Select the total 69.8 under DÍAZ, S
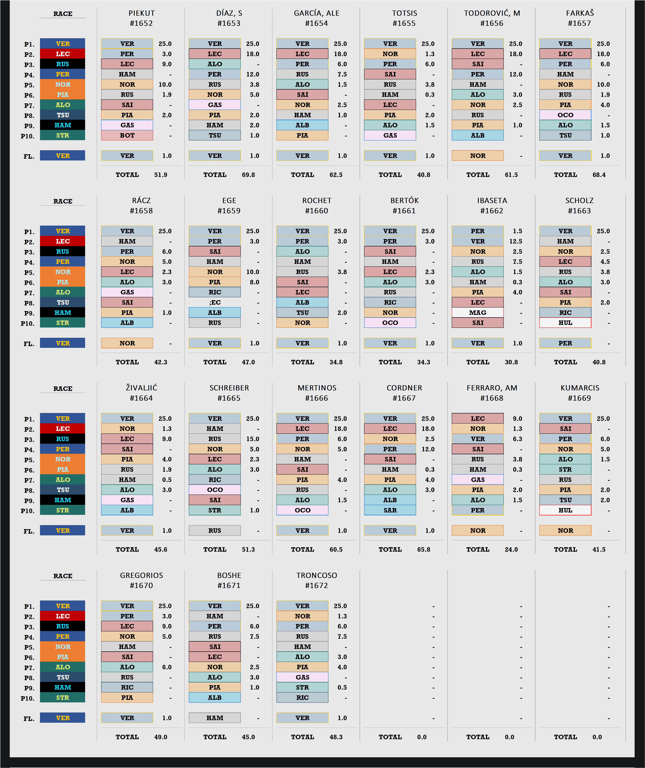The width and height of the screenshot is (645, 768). [248, 175]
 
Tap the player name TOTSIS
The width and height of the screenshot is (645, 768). [404, 13]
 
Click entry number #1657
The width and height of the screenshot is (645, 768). [580, 23]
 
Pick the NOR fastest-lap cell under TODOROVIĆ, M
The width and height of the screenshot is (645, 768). [478, 156]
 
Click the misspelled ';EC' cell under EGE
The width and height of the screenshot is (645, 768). [215, 302]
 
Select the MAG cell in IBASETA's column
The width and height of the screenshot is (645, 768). [478, 313]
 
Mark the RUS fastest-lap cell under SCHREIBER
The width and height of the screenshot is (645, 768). [215, 531]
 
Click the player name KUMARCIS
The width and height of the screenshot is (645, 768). [580, 388]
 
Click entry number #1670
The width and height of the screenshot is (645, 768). [142, 585]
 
